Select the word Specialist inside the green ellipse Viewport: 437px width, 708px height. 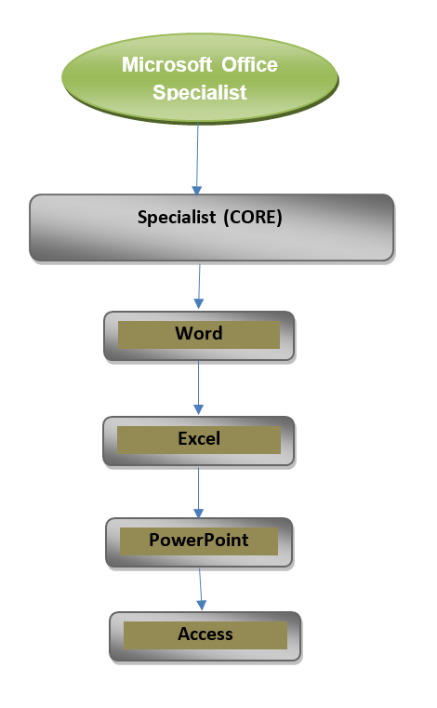pos(199,92)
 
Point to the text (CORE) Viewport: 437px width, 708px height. pos(252,218)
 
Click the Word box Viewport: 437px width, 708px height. pos(199,335)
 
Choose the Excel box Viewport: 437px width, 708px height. pos(199,440)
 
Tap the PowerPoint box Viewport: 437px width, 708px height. pos(199,541)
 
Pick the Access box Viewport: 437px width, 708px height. pos(205,635)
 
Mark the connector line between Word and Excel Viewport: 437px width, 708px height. pos(198,386)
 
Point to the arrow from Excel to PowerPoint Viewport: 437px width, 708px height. pos(198,488)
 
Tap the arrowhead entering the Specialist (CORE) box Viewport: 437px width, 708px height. pos(196,189)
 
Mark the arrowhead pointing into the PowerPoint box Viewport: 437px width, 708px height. pos(198,512)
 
